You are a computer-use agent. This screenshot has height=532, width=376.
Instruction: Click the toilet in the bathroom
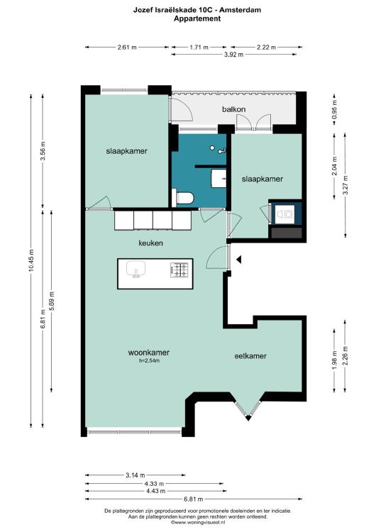(x=182, y=198)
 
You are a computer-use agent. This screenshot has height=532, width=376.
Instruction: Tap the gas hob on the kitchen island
(x=179, y=270)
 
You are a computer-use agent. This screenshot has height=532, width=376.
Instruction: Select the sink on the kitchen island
(x=136, y=270)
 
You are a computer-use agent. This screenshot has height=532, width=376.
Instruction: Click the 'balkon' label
(x=234, y=109)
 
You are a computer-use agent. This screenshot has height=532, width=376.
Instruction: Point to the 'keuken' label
(x=150, y=243)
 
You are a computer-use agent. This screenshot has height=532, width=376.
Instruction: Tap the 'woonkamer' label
(x=149, y=353)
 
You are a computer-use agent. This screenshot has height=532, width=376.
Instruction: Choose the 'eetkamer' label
(x=250, y=356)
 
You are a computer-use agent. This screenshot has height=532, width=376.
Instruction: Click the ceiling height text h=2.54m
(x=149, y=360)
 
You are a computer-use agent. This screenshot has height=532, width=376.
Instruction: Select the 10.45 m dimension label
(x=31, y=260)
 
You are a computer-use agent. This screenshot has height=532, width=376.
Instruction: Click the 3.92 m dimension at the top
(x=233, y=55)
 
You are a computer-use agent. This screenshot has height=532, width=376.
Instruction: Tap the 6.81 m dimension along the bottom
(x=194, y=499)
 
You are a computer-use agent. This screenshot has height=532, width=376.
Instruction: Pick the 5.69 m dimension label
(x=52, y=301)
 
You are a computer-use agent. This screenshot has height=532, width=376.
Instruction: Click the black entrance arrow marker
(x=239, y=260)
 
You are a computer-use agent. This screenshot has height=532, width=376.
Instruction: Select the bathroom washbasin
(x=219, y=179)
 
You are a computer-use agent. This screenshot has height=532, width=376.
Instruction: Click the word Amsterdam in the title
(x=240, y=10)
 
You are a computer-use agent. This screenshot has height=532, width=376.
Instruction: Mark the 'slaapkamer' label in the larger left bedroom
(x=126, y=151)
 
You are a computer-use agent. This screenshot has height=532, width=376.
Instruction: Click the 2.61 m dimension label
(x=127, y=47)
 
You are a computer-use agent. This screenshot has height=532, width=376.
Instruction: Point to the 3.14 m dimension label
(x=135, y=475)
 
